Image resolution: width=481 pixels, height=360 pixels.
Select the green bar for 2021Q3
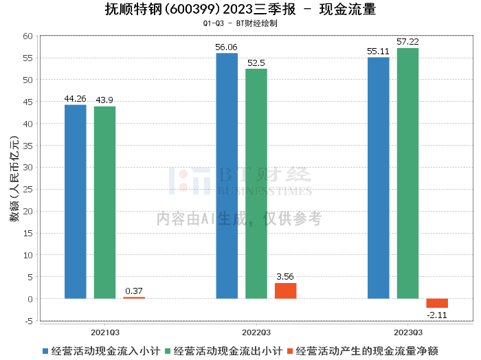click(104, 203)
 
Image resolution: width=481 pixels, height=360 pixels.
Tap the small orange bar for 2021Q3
click(134, 297)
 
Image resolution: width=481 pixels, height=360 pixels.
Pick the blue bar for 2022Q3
click(227, 176)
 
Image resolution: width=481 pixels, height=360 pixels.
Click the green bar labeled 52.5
click(256, 183)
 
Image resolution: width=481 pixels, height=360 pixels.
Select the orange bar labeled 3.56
click(286, 291)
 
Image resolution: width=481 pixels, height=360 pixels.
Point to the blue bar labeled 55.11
click(378, 178)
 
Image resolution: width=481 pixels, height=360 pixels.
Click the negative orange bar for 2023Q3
click(437, 303)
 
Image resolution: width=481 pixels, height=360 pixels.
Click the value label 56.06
click(227, 47)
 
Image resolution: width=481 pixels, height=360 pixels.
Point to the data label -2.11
click(437, 315)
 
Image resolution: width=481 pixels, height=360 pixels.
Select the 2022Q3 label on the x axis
click(256, 330)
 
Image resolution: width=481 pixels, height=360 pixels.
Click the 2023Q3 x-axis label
click(407, 330)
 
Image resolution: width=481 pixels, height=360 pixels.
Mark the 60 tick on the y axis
click(28, 36)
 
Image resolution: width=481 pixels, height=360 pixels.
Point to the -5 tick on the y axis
click(28, 321)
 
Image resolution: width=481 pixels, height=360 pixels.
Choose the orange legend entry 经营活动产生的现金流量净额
click(368, 350)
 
